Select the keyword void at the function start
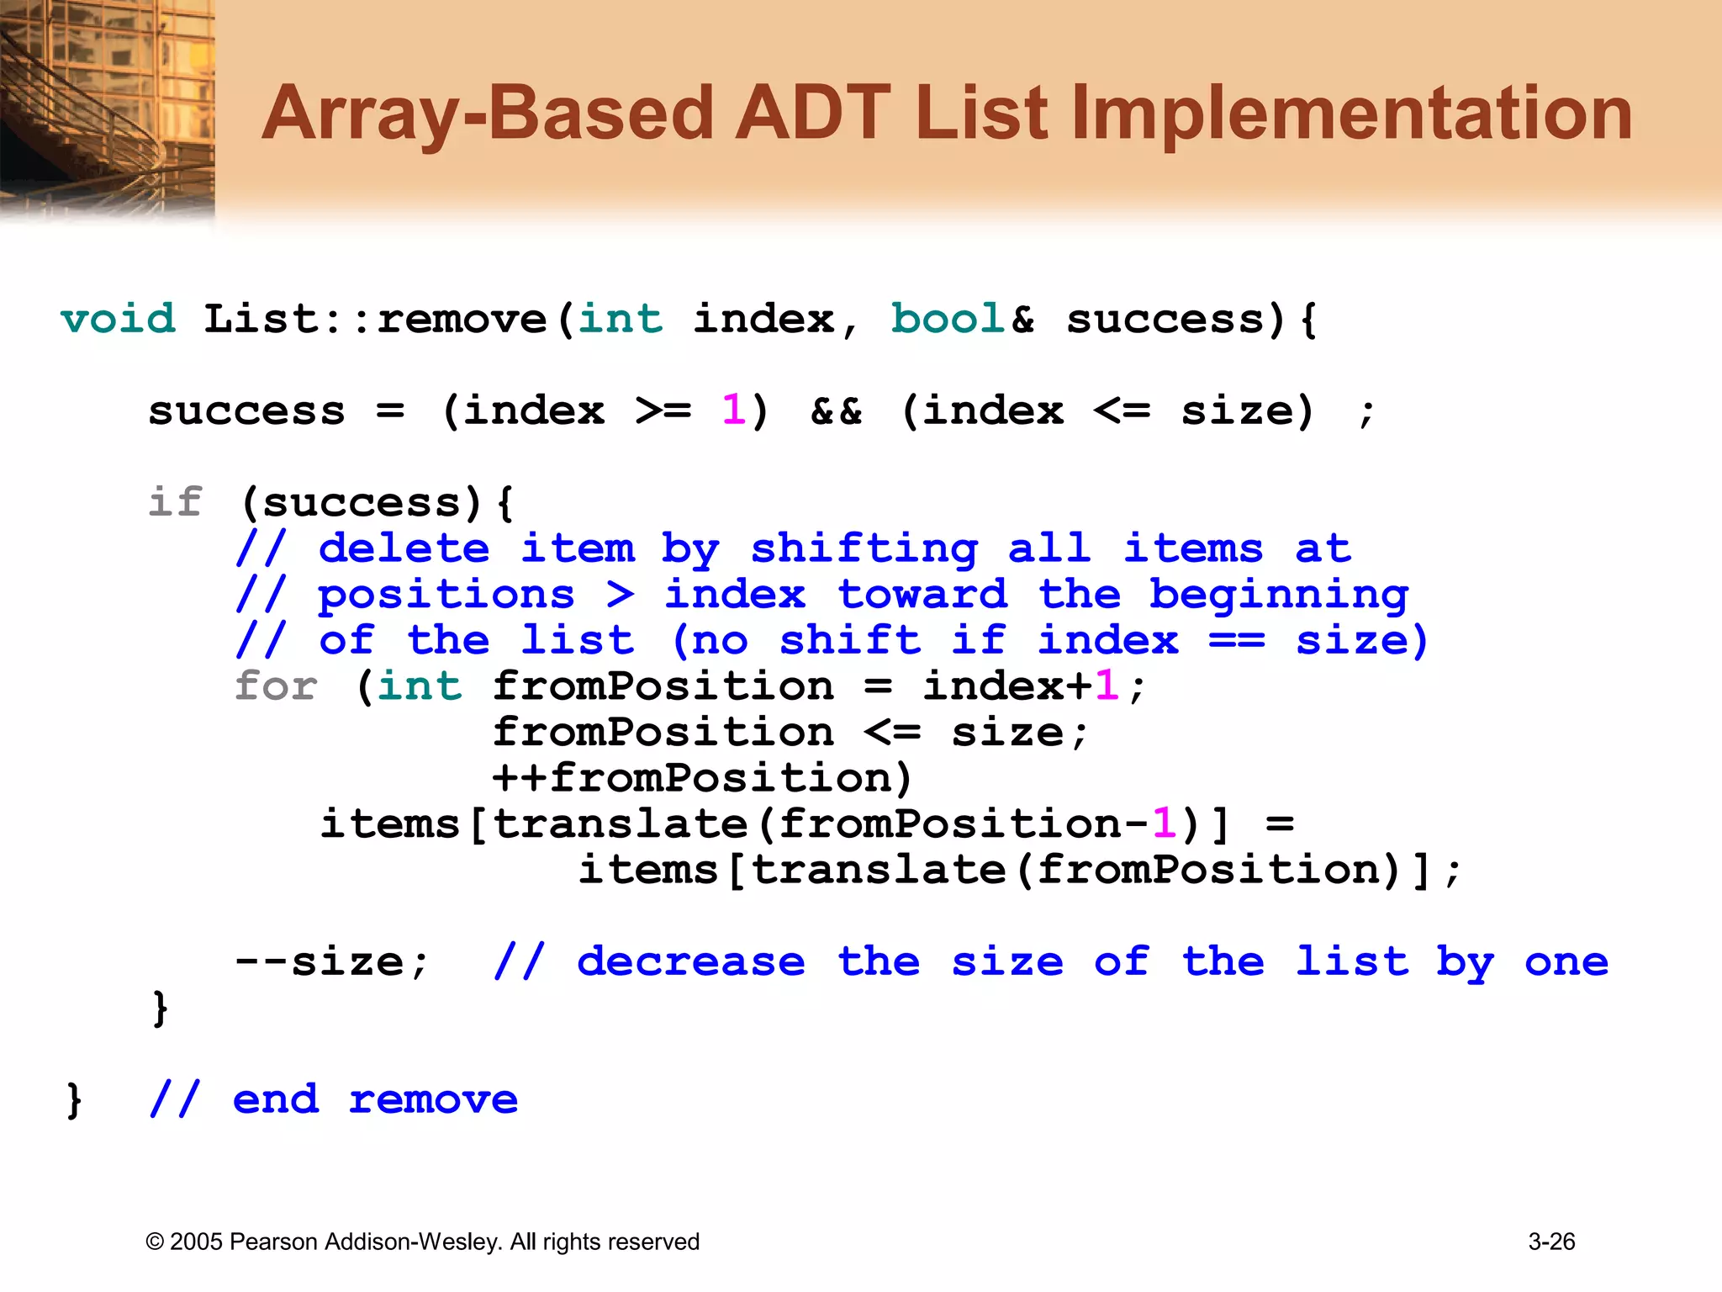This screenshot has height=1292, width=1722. click(x=118, y=320)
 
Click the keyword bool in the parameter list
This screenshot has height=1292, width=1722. click(x=948, y=320)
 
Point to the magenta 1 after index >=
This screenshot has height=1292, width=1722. click(x=733, y=411)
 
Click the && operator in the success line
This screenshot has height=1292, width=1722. click(x=836, y=411)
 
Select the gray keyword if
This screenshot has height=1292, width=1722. click(x=176, y=502)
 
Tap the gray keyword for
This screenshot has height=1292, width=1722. click(x=276, y=686)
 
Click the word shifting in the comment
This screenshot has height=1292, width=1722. click(x=864, y=550)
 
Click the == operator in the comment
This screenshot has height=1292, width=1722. click(x=1237, y=641)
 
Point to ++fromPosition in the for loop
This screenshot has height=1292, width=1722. click(x=702, y=778)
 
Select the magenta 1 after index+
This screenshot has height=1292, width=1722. click(x=1107, y=686)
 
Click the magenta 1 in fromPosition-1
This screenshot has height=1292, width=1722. click(x=1165, y=823)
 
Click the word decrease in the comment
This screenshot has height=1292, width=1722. click(x=690, y=961)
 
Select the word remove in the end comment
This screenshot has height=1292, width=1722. click(x=433, y=1099)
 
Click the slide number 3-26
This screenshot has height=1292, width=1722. click(x=1551, y=1242)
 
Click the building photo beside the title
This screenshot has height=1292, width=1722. click(x=107, y=109)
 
